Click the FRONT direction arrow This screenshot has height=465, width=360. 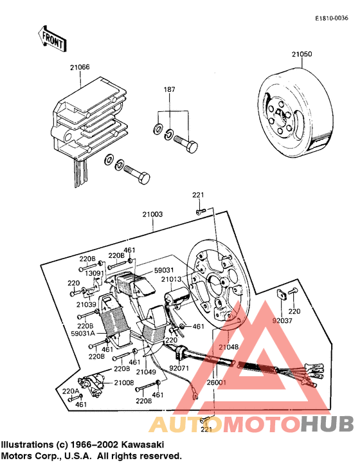[x=53, y=41]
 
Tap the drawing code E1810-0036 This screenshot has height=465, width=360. [x=332, y=18]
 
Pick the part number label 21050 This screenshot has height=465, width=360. [x=301, y=55]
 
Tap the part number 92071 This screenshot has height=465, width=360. [x=179, y=369]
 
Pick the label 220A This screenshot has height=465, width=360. [x=71, y=391]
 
